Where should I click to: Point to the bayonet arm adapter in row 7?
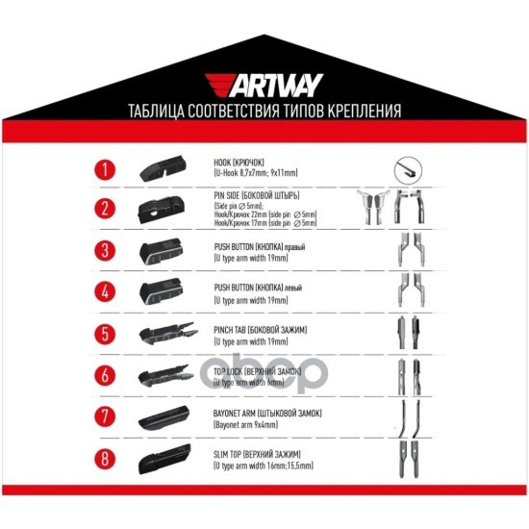(x=166, y=416)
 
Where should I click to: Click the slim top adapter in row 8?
(x=166, y=458)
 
